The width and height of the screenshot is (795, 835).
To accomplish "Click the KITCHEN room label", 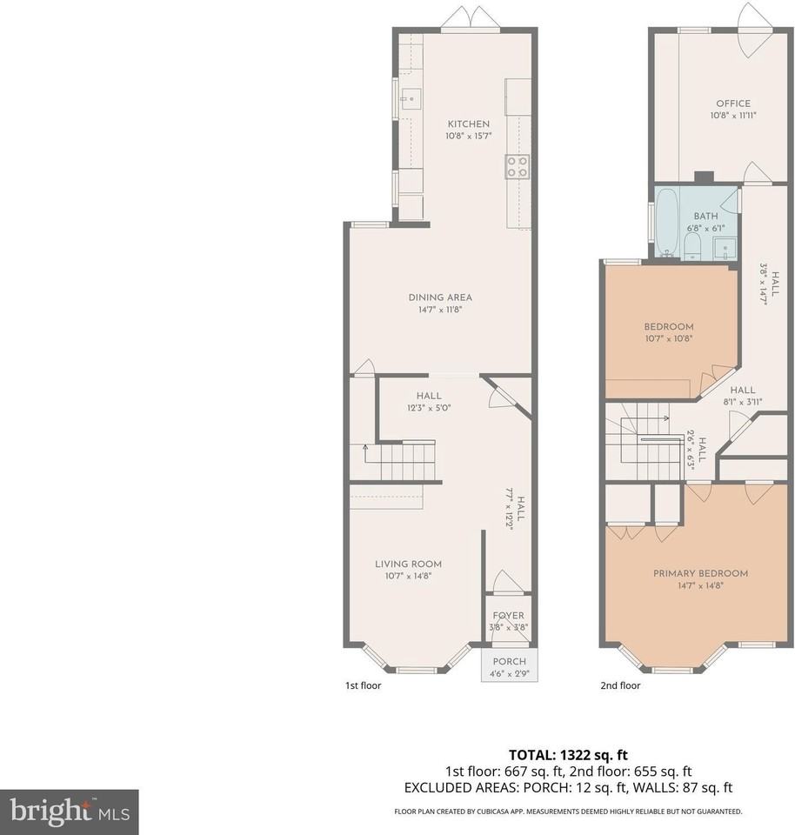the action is [x=469, y=124].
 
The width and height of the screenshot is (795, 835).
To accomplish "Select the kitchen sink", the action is [x=411, y=99].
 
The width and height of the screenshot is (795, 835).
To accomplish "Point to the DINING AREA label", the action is [x=440, y=297].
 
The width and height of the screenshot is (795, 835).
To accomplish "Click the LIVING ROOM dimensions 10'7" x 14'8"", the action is [x=408, y=576].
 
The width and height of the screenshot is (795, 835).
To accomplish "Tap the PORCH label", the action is [x=510, y=661].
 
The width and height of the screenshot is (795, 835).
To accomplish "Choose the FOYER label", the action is [x=509, y=616].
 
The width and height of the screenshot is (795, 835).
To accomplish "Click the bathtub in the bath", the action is [x=666, y=224].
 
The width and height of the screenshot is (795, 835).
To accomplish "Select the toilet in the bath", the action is [x=692, y=248].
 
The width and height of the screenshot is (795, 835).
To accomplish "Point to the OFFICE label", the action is [x=733, y=104].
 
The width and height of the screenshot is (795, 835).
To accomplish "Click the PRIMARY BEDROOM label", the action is [x=701, y=573].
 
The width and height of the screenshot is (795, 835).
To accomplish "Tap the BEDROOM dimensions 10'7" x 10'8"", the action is [x=669, y=338].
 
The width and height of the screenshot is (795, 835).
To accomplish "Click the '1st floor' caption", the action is [x=364, y=685].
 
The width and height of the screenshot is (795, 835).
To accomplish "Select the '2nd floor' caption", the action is [x=620, y=685].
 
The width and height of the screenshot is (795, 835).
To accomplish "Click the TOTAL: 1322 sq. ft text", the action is [x=568, y=755].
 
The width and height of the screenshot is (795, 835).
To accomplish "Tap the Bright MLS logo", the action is [x=70, y=812].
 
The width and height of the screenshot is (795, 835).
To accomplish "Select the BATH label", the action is [x=705, y=217].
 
